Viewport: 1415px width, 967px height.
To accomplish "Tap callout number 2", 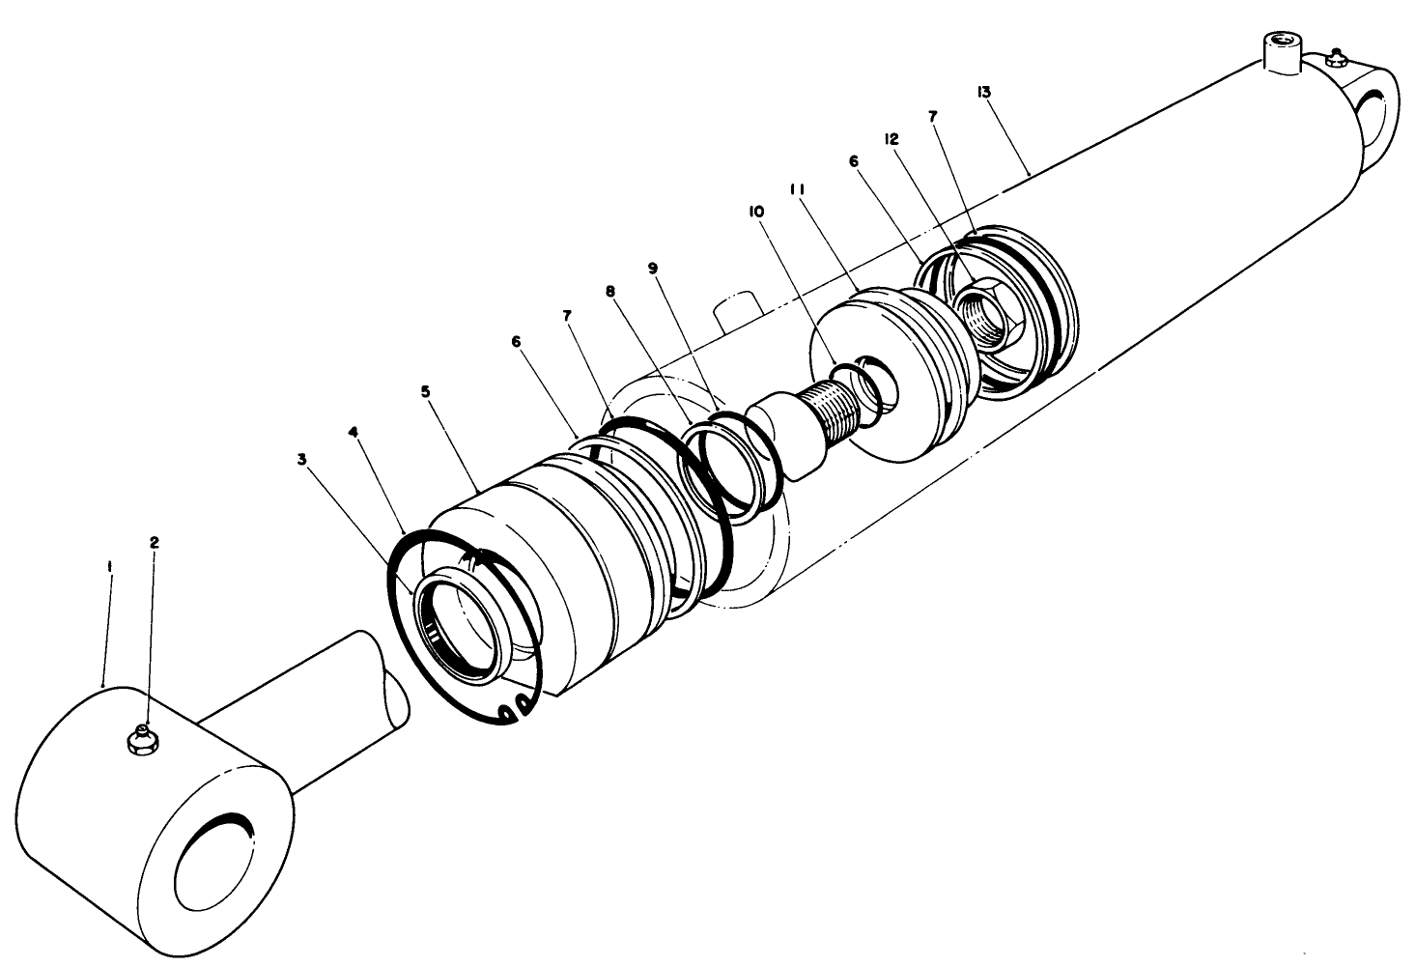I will pyautogui.click(x=154, y=542).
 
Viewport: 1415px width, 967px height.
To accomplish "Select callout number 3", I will pyautogui.click(x=302, y=460).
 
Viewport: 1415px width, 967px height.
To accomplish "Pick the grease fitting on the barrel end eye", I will pyautogui.click(x=1338, y=60).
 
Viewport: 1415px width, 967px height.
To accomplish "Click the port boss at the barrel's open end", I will pyautogui.click(x=737, y=311).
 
